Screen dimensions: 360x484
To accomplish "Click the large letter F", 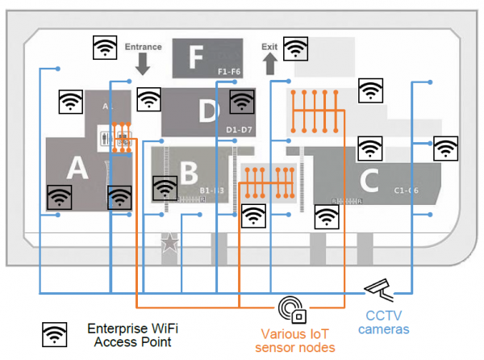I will (194, 57).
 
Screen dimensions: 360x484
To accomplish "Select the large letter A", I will (76, 167).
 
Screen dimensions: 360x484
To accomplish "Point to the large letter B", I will (188, 173).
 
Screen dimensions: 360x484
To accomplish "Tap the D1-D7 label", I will (240, 129).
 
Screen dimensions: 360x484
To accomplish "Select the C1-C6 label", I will (406, 190).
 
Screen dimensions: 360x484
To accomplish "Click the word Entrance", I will (144, 47).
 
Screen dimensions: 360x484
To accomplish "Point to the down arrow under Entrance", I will (144, 65).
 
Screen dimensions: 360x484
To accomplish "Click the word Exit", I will (269, 47).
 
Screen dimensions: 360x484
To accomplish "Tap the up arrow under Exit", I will (269, 65).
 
